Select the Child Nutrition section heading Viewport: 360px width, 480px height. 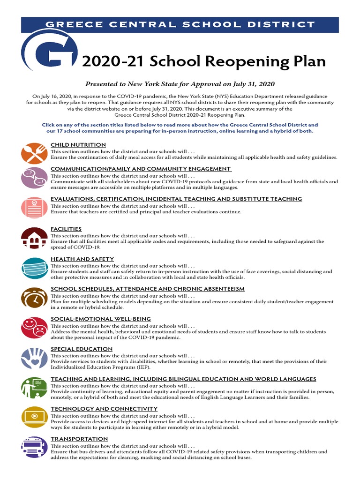[78, 145]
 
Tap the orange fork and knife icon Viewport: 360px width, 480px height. [34, 153]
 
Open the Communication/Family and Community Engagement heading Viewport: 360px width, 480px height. [141, 169]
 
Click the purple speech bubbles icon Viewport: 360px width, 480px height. [34, 179]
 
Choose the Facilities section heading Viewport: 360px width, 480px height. [66, 229]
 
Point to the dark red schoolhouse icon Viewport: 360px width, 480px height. [34, 238]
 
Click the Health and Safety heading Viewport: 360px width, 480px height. [82, 259]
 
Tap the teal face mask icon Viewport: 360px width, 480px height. [34, 268]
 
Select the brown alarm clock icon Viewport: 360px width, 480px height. [34, 298]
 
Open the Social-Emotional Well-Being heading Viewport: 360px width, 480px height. [100, 319]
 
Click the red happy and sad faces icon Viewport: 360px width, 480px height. [34, 328]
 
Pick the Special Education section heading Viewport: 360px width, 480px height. [82, 349]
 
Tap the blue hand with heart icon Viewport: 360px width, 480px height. [34, 358]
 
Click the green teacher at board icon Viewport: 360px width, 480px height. [34, 388]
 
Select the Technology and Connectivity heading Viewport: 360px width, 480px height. [104, 409]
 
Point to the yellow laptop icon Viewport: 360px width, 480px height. [34, 417]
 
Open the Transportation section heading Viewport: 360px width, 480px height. [79, 439]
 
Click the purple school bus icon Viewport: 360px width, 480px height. [34, 447]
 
